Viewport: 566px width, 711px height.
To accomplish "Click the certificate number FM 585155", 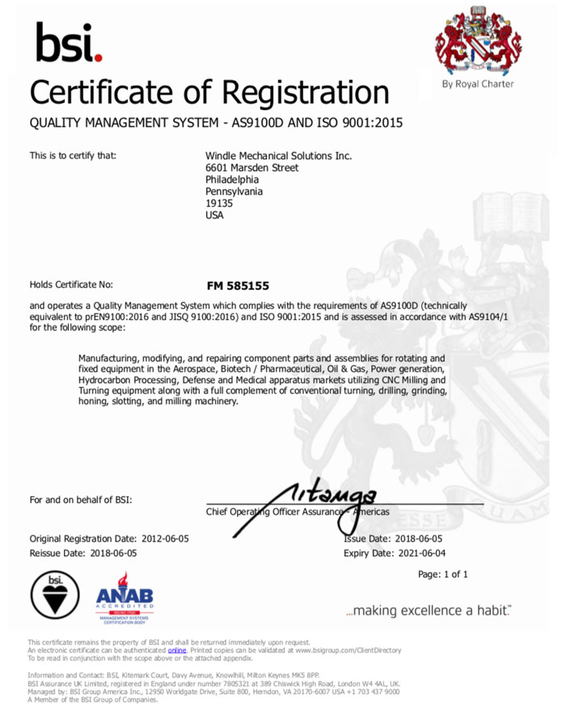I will click(x=238, y=286).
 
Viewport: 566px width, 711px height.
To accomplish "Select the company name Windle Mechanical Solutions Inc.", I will click(x=279, y=155).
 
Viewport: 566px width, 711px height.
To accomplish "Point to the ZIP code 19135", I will click(x=219, y=204).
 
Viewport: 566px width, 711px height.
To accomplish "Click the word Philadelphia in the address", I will click(x=233, y=179).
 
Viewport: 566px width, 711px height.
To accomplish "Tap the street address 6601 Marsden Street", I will click(x=252, y=167).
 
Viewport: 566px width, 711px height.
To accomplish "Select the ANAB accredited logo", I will click(x=124, y=595).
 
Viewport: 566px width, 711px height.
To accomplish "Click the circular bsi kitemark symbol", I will click(x=55, y=595).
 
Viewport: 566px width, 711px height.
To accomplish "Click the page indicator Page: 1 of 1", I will click(x=443, y=574).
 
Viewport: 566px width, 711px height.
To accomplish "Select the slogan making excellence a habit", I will click(x=428, y=610).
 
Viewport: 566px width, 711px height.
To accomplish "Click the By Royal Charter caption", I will click(x=477, y=84).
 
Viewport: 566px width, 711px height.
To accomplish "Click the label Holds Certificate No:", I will click(x=71, y=285).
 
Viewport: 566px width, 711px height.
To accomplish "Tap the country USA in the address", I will click(x=215, y=216).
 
